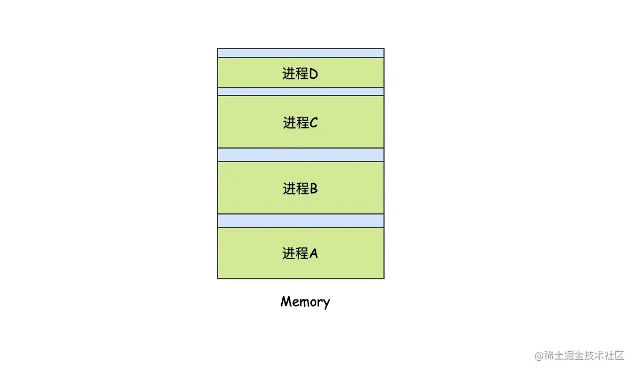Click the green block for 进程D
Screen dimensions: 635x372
tap(301, 73)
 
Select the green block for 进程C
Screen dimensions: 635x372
tap(301, 122)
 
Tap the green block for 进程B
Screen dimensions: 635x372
tap(301, 188)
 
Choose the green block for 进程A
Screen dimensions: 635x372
tap(301, 253)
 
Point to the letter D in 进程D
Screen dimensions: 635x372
tap(314, 74)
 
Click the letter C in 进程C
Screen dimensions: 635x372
tap(314, 123)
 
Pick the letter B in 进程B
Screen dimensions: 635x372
tap(314, 189)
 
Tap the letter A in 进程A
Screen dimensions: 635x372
tap(314, 254)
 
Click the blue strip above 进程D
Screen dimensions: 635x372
tap(301, 53)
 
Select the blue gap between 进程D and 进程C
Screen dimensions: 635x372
tap(301, 92)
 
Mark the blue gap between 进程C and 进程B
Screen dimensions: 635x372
tap(301, 155)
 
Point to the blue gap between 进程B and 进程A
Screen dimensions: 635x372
tap(301, 221)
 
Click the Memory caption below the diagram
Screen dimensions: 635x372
tap(305, 302)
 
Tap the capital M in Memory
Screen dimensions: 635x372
tap(286, 301)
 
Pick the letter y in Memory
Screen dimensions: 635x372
tap(326, 304)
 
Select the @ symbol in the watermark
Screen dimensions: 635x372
tap(539, 356)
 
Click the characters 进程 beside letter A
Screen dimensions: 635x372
tap(295, 254)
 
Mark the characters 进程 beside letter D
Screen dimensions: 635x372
tap(295, 74)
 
